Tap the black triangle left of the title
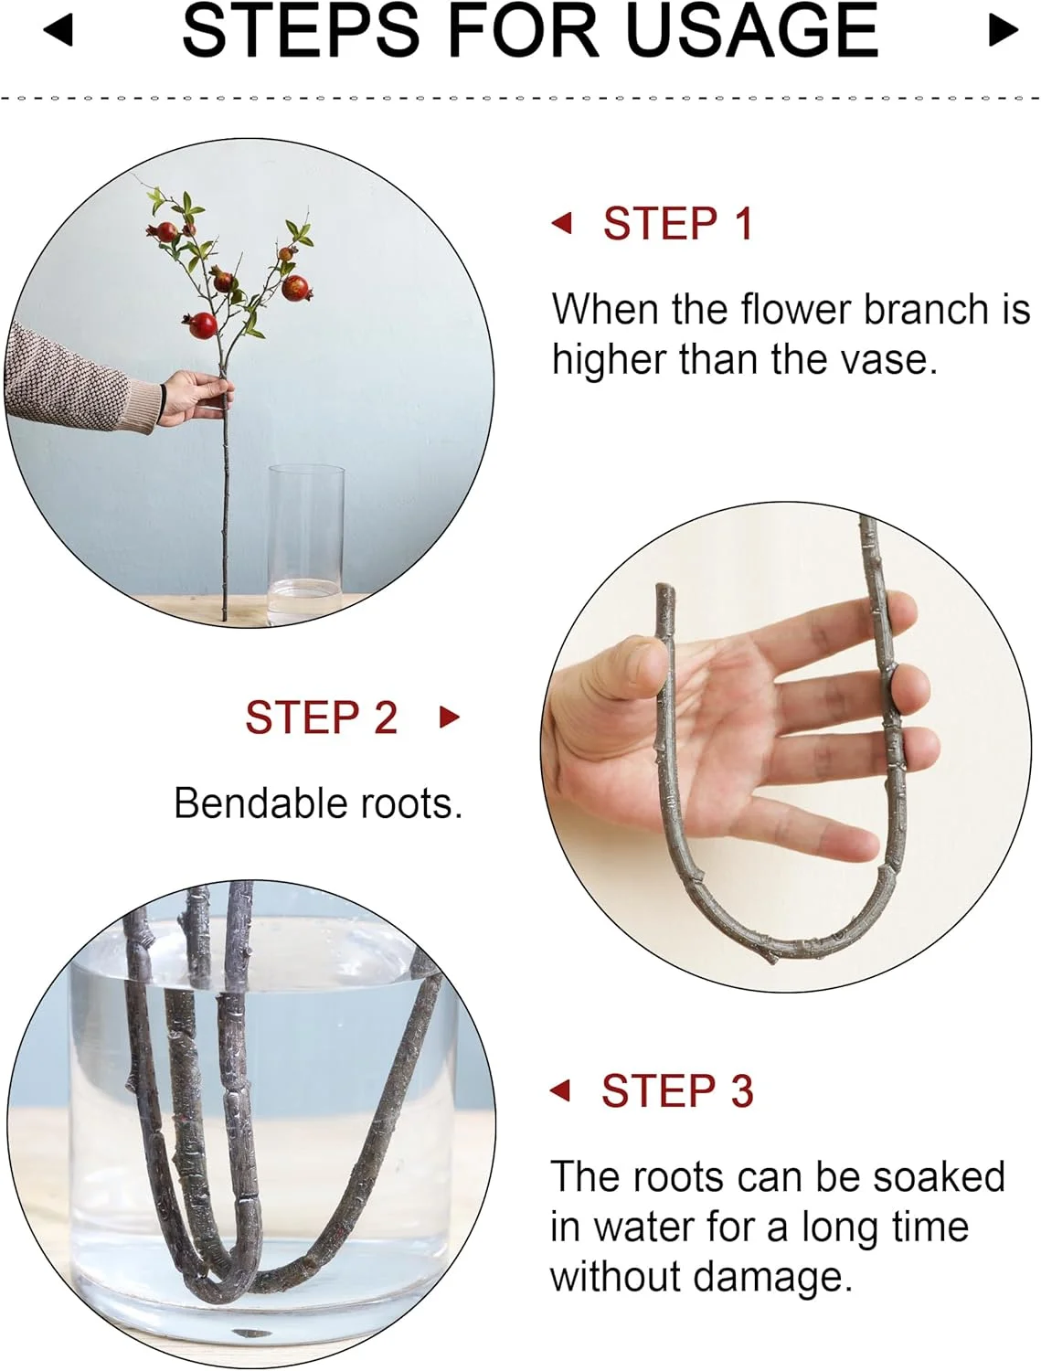click(59, 30)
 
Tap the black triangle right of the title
click(1004, 30)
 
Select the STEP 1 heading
click(678, 223)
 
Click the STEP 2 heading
click(322, 717)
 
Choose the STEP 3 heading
click(677, 1091)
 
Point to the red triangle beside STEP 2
click(449, 717)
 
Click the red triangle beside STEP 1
click(562, 222)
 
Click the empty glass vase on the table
click(306, 544)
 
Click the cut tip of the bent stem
click(664, 589)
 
